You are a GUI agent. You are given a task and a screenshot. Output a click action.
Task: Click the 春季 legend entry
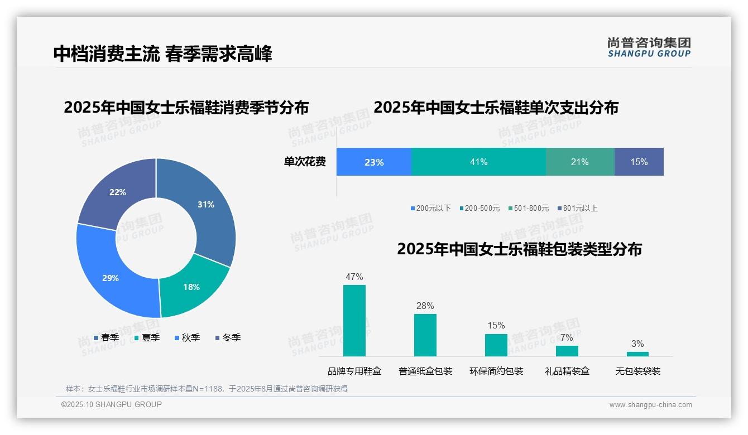[x=106, y=337]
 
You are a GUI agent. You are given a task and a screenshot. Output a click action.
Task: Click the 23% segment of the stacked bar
[x=373, y=162]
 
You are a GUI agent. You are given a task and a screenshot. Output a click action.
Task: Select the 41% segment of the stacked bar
[x=478, y=162]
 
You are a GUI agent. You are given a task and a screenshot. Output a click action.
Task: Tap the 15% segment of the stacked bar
[x=639, y=162]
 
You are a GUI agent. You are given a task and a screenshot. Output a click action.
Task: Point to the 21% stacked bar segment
[x=579, y=162]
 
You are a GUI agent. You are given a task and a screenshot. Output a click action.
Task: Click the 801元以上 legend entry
[x=577, y=208]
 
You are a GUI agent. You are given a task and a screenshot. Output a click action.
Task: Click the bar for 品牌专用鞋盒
[x=354, y=321]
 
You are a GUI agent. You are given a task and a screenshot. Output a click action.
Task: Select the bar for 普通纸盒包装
[x=425, y=335]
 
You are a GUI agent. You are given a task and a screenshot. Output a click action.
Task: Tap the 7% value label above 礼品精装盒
[x=567, y=337]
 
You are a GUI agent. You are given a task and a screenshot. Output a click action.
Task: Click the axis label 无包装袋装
[x=637, y=371]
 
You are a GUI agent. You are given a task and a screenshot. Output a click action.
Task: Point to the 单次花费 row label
[x=305, y=162]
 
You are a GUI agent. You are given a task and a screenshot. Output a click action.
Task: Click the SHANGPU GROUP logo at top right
[x=649, y=47]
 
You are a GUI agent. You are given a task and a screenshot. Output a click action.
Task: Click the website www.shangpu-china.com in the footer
[x=650, y=404]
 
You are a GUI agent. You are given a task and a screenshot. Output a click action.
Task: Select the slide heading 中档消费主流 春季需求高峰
[x=162, y=54]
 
